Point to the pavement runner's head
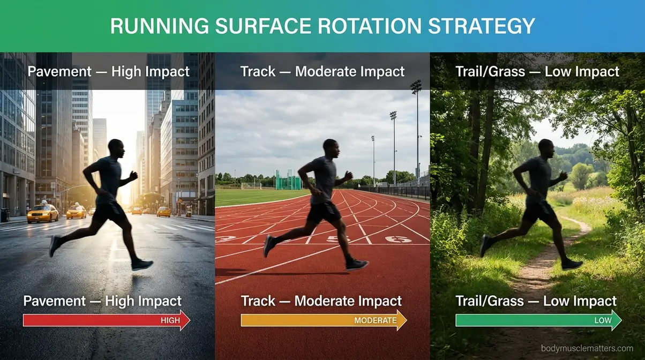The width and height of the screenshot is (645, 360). tap(116, 147)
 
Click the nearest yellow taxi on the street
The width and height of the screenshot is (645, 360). tap(43, 214)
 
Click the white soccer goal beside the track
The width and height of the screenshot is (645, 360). tap(251, 186)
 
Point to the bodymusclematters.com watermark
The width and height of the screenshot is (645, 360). tap(587, 348)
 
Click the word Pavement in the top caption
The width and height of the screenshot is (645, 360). tap(59, 71)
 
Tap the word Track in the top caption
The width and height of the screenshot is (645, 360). tap(258, 71)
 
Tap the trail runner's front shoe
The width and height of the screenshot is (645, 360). tap(571, 264)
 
